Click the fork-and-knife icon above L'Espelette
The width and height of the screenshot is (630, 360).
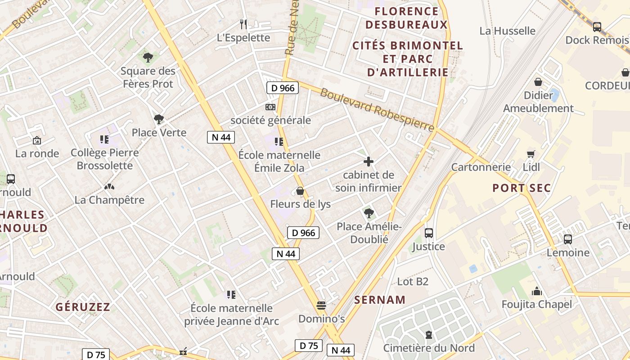243,23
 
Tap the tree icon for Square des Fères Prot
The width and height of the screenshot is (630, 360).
148,58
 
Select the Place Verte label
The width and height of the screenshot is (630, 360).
159,133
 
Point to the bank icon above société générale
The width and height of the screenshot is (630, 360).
270,107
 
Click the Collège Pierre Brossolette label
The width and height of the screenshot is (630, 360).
105,159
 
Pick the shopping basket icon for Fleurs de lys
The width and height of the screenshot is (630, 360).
300,191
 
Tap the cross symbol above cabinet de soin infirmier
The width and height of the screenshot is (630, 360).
369,162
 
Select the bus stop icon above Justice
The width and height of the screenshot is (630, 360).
428,233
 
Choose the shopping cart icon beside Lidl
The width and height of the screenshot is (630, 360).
531,154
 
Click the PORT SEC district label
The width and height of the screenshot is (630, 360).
522,188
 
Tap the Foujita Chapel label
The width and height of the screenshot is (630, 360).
537,305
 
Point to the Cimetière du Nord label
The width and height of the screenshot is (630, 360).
429,348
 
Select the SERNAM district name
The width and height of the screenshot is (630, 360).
380,300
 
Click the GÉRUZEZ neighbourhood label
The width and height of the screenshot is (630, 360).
83,307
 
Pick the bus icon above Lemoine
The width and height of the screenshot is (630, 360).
568,239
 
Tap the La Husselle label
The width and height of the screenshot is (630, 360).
507,31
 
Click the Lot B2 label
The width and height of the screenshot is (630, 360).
413,282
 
